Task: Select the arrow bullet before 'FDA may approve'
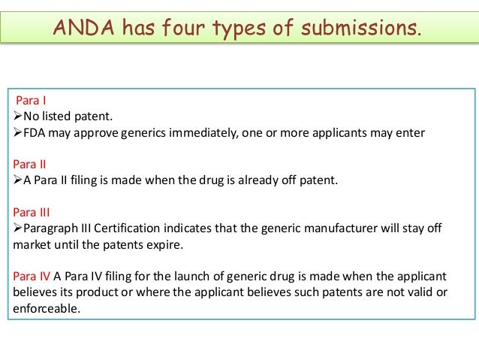19,134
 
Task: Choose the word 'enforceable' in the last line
45,308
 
